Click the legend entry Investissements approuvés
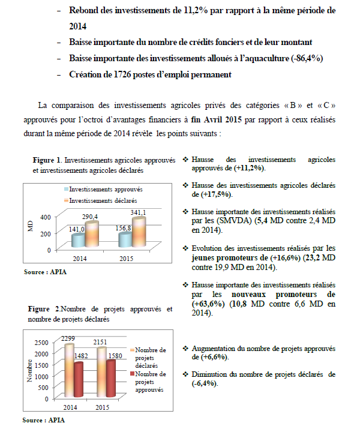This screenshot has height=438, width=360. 105,189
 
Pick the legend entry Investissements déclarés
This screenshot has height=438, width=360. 103,199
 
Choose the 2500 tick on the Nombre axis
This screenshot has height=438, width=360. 40,342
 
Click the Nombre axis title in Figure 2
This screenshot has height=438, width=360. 29,370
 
